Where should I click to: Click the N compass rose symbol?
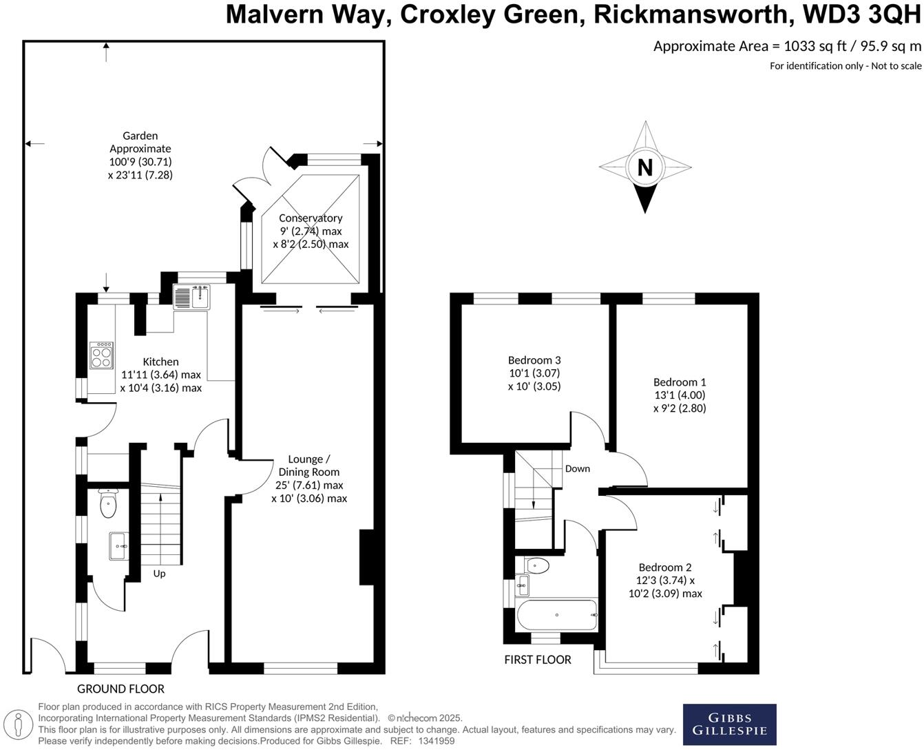[x=645, y=167]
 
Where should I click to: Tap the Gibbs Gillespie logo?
[x=729, y=724]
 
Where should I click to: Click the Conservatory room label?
[x=311, y=218]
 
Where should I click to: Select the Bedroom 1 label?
[x=680, y=382]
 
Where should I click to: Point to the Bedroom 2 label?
[x=664, y=567]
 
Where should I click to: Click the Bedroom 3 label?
[x=534, y=360]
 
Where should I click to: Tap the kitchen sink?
[x=192, y=297]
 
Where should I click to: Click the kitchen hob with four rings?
[x=102, y=355]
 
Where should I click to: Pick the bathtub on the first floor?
[x=556, y=614]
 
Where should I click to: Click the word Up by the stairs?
[x=159, y=574]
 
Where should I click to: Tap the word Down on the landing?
[x=577, y=469]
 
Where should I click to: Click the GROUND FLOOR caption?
[x=120, y=689]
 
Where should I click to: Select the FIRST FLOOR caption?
[x=538, y=660]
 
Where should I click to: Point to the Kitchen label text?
[x=160, y=362]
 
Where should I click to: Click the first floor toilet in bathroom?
[x=536, y=566]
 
